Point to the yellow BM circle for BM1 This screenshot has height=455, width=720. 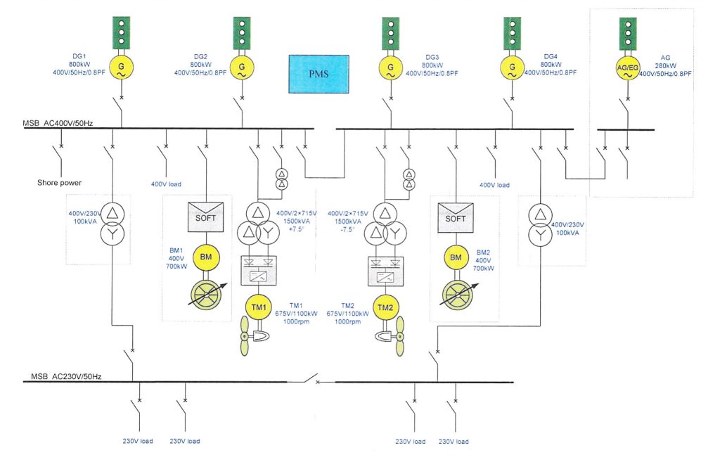click(206, 258)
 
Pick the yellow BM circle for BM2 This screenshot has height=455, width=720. click(456, 258)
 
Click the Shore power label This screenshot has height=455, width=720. click(59, 183)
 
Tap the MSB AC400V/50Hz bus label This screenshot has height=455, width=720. click(58, 124)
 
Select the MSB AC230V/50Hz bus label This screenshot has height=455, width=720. click(66, 377)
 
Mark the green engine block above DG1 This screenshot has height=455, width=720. click(122, 32)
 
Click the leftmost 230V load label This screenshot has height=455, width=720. click(138, 441)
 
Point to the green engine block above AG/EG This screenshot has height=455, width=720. click(628, 32)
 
